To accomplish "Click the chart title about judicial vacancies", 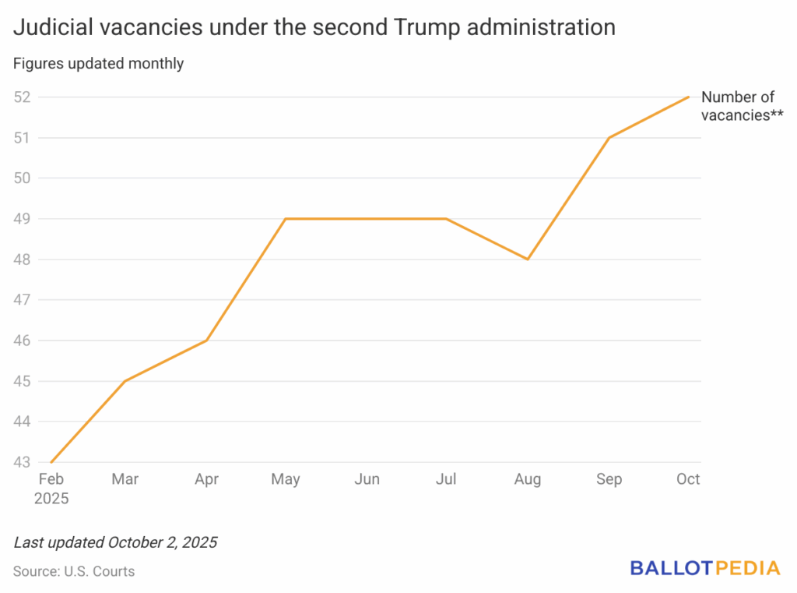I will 314,28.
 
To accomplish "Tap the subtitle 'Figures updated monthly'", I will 98,64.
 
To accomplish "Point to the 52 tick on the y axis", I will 23,97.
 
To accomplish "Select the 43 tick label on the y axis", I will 23,462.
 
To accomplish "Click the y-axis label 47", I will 23,300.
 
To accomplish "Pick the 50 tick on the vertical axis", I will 23,178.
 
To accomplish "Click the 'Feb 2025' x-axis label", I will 51,489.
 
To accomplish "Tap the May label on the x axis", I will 286,479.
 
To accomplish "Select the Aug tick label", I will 528,479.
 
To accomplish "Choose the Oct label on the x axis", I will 688,479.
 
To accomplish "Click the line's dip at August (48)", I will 528,259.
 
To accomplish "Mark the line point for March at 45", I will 125,381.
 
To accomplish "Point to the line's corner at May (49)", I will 286,219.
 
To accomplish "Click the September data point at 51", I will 608,138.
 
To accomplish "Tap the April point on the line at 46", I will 206,341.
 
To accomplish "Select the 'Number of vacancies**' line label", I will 741,107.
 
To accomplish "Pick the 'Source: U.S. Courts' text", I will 74,571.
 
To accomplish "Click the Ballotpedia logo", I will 704,568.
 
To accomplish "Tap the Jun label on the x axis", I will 367,479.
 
